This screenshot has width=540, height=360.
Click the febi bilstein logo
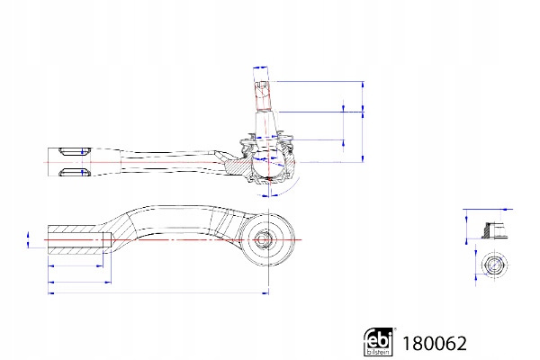(380, 342)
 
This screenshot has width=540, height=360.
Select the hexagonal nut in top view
(490, 265)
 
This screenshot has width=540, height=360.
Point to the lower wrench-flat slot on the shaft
(71, 171)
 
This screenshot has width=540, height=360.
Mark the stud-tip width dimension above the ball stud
(262, 68)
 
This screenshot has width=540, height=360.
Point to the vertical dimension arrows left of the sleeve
(29, 239)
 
